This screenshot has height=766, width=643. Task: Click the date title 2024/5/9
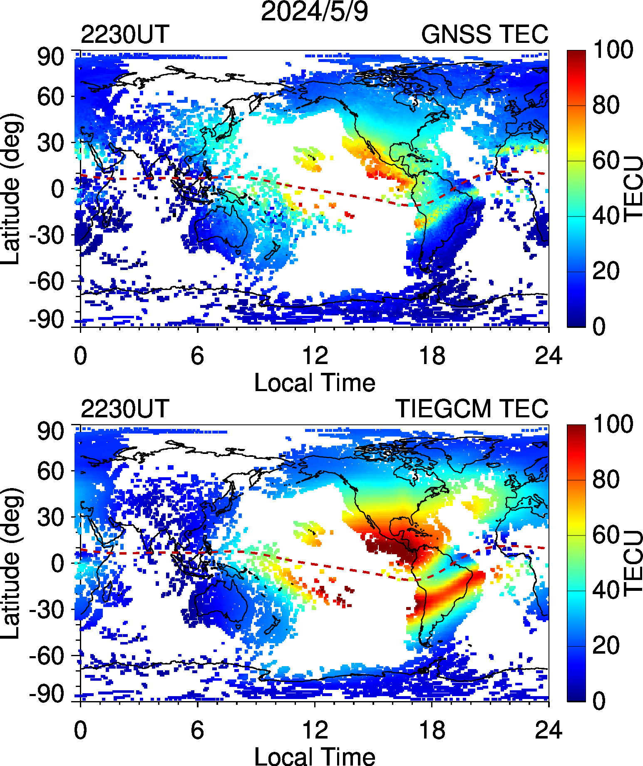[x=314, y=11]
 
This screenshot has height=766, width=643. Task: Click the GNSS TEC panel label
[x=484, y=34]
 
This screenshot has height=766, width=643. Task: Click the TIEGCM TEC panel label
[x=472, y=409]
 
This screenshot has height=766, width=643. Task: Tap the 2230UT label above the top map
[x=125, y=34]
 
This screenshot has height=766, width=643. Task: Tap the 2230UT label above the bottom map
[x=125, y=409]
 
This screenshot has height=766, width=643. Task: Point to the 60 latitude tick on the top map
[x=50, y=97]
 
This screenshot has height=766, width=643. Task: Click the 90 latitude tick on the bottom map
[x=50, y=431]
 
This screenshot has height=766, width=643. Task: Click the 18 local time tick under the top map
[x=432, y=356]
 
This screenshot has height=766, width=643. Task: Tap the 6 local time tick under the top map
[x=197, y=356]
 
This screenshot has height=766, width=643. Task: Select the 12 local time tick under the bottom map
[x=315, y=731]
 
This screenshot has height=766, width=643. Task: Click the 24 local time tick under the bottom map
[x=549, y=731]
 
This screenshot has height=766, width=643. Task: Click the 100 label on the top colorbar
[x=613, y=50]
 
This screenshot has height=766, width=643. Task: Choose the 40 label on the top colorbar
[x=606, y=216]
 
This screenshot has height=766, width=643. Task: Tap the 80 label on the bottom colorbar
[x=606, y=480]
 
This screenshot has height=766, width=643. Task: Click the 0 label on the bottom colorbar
[x=599, y=701]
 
